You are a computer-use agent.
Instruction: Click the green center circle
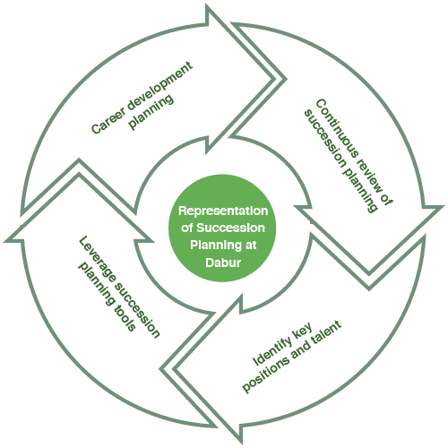(x=222, y=228)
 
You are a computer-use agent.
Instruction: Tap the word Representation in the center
(x=223, y=211)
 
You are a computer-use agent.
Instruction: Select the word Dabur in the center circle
(x=223, y=263)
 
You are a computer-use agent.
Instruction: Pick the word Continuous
(x=335, y=128)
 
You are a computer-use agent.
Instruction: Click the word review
(x=373, y=180)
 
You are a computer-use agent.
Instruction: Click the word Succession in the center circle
(x=230, y=228)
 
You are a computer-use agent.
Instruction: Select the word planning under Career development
(x=151, y=112)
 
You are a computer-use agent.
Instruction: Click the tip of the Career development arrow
(x=286, y=79)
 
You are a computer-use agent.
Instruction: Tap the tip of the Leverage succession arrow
(x=79, y=159)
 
